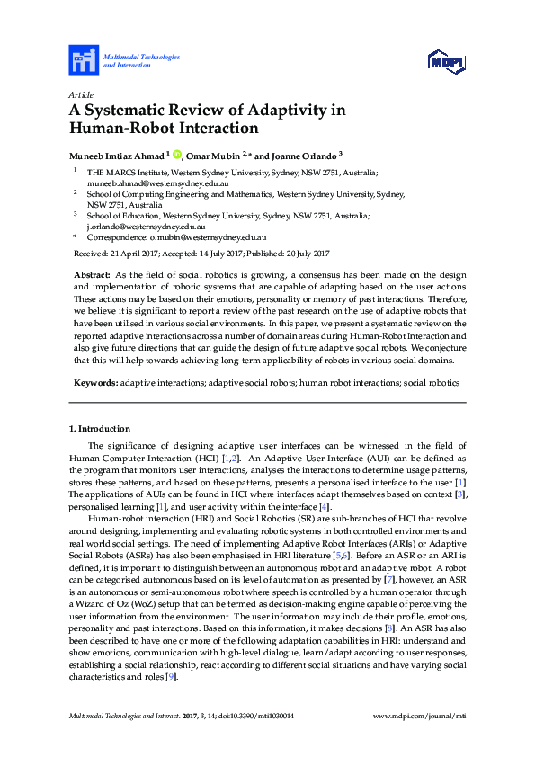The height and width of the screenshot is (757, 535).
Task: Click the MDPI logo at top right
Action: click(445, 61)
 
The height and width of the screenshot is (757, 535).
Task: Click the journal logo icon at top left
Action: click(84, 61)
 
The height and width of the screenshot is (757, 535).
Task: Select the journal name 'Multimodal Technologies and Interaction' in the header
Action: click(141, 61)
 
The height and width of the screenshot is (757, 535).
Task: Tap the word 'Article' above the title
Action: click(81, 94)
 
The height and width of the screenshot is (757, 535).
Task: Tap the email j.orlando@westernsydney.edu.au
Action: click(147, 227)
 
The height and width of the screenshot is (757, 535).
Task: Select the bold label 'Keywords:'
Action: click(95, 383)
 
